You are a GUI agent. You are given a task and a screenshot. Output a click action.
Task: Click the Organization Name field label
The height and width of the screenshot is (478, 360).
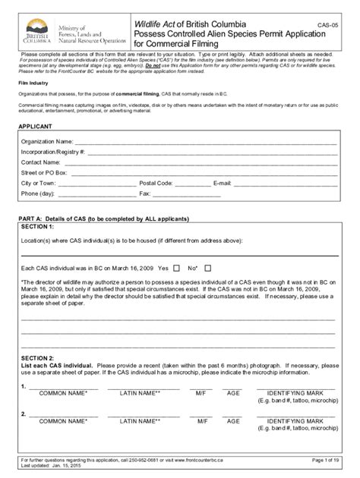pos(48,141)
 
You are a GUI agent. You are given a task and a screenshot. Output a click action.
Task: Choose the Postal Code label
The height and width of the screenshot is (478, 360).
pos(156,184)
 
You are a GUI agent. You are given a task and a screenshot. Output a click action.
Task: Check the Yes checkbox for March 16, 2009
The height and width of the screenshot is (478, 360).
pos(176,269)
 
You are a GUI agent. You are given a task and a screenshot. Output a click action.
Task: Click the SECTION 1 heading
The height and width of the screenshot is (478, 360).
pos(37,227)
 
